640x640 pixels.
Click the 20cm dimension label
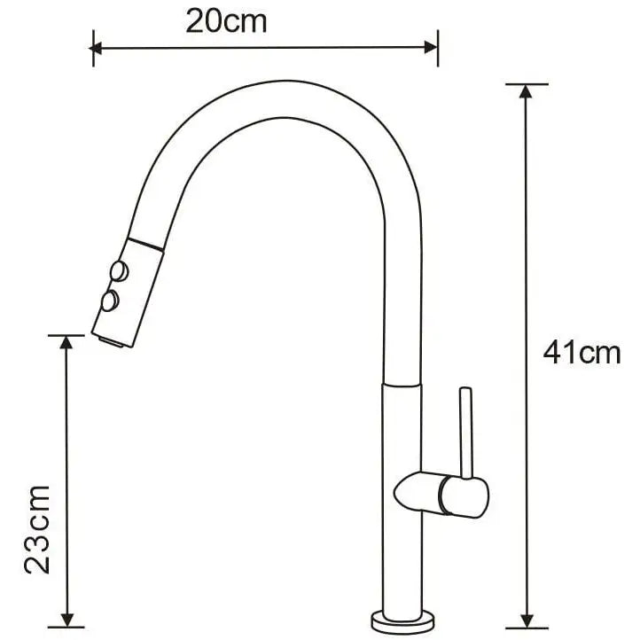tap(226, 20)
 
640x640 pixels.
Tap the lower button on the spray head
tap(110, 302)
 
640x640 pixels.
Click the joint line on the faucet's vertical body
tap(402, 386)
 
